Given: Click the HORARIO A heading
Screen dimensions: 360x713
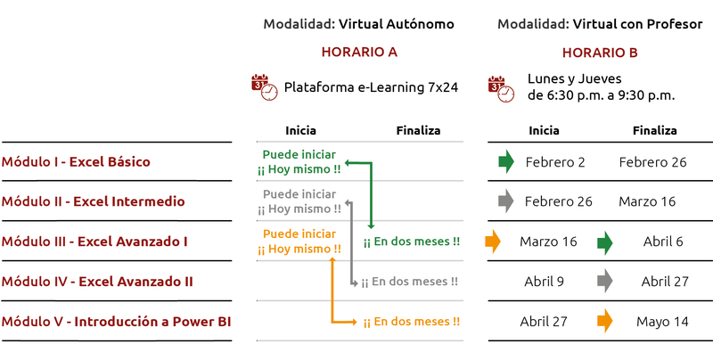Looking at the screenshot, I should tap(359, 52).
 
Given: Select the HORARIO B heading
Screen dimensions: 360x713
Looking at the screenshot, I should tap(600, 53).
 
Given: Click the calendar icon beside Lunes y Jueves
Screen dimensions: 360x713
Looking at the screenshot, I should tap(501, 86).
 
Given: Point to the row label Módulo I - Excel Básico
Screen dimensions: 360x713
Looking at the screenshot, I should tap(76, 162).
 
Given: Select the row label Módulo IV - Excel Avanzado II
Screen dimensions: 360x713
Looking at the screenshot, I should tap(97, 282).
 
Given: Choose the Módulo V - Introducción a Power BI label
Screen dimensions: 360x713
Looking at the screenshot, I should tap(116, 321).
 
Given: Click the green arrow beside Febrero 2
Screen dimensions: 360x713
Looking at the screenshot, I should tap(506, 162).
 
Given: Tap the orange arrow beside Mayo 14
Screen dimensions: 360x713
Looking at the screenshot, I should tap(605, 321).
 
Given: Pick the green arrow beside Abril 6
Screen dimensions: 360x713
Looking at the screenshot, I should tap(605, 241).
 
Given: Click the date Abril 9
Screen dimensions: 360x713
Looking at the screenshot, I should tap(544, 282).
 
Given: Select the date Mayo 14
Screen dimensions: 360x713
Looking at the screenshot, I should tap(661, 321).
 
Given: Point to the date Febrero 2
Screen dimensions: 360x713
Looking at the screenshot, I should tap(555, 162).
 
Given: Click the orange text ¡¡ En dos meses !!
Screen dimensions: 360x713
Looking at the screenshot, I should tap(411, 322).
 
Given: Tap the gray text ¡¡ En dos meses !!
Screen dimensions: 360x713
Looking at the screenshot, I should tap(410, 282).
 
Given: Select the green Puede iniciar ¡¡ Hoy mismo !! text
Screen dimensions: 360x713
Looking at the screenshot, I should tap(299, 162).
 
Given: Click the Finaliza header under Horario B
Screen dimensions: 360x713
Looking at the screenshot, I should tap(654, 131).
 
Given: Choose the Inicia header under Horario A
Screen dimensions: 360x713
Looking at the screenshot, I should tap(300, 131).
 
